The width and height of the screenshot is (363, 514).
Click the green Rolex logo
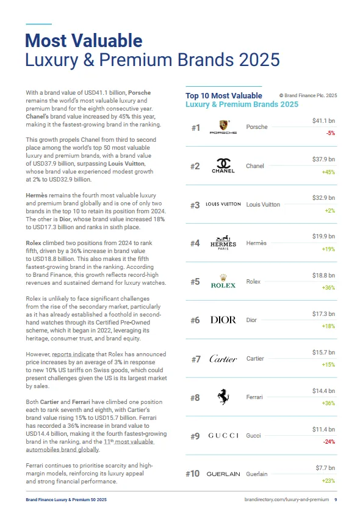coord(223,282)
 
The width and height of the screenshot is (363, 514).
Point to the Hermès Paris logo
coord(223,243)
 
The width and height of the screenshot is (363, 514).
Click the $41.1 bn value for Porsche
coord(323,122)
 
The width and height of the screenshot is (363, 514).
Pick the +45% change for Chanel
coord(328,172)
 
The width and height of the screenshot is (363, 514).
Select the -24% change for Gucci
coord(328,441)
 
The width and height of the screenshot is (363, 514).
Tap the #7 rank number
coord(196,359)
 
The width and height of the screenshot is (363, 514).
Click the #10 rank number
coord(193,474)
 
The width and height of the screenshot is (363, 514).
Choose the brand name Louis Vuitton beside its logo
coord(263,205)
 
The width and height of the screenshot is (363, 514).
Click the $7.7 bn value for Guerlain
coord(325,468)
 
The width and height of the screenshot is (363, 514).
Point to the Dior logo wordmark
coord(223,320)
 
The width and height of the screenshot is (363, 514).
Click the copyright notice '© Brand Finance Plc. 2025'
coord(307,95)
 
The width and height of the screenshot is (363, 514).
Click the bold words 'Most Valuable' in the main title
coord(84,41)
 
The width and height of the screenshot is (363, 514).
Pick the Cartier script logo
coord(223,359)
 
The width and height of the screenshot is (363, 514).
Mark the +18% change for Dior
coord(328,326)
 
